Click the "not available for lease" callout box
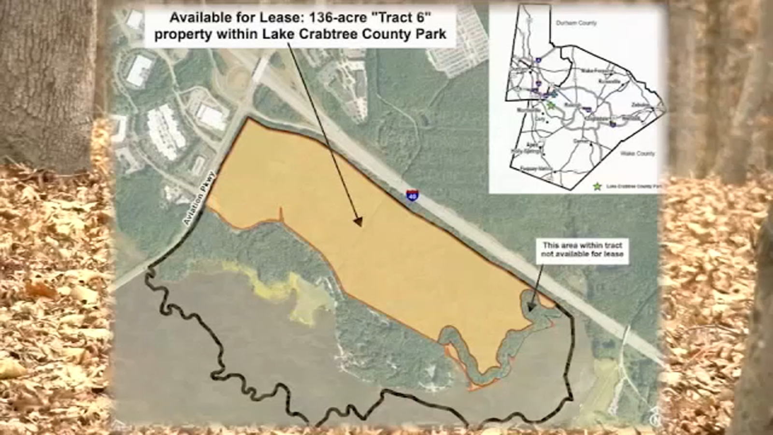[583, 250]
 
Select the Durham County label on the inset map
[576, 23]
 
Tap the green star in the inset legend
[598, 186]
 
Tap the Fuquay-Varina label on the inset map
[535, 169]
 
